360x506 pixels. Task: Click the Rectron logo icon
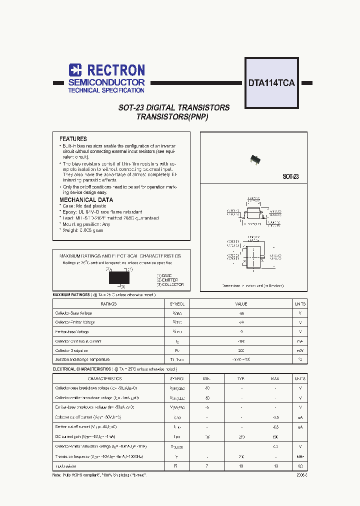pos(75,70)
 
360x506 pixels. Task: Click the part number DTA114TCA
pos(271,83)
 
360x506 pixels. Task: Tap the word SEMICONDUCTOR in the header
pos(106,82)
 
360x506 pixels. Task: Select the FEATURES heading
pos(73,139)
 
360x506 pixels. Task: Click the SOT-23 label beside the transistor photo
pos(290,177)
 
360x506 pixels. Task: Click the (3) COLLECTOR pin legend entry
pos(170,284)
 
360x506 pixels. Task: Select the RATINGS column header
pos(108,304)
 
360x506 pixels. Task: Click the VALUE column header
pos(241,304)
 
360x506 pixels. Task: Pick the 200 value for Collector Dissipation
pos(241,350)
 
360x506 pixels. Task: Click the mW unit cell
pos(300,350)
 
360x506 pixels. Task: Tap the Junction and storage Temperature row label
pos(82,359)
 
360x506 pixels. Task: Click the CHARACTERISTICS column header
pos(105,379)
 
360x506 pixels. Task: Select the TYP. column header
pos(241,379)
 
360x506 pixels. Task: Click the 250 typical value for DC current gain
pos(241,437)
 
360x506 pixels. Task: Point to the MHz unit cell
pos(300,456)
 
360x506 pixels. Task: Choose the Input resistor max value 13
pos(275,465)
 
